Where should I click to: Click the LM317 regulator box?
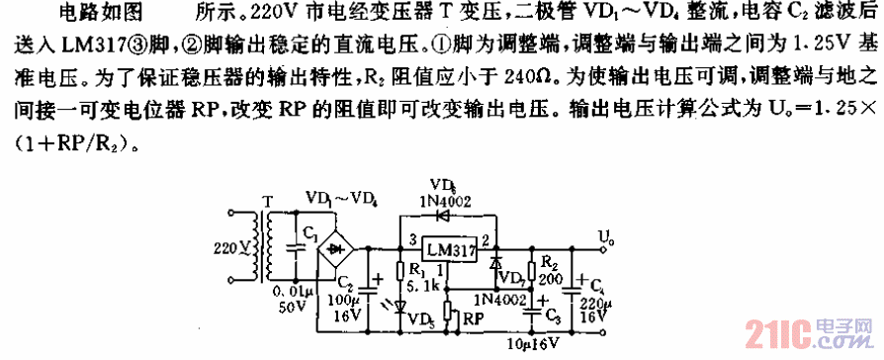450,248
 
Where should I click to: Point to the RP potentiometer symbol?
451,315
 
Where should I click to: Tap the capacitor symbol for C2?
369,287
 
